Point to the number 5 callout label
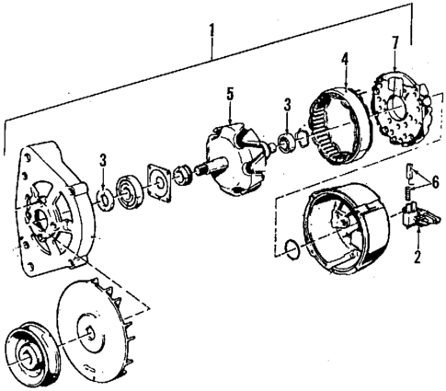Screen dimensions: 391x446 tap(232, 94)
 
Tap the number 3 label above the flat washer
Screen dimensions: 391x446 tap(103, 162)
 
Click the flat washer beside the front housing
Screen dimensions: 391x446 tap(103, 197)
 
